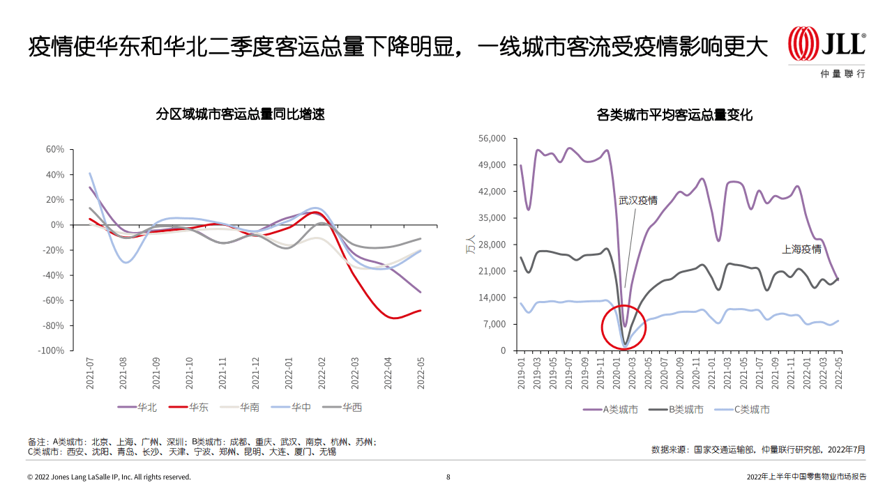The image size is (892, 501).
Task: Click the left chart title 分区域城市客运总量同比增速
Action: pos(241,114)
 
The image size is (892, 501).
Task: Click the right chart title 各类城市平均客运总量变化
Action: pos(674,114)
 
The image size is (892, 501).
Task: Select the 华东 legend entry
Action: pos(188,407)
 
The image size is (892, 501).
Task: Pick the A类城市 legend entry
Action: pos(611,409)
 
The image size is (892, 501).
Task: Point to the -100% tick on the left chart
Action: pos(51,350)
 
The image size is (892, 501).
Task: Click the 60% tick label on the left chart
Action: pos(54,149)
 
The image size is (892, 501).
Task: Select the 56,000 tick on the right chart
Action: pos(492,139)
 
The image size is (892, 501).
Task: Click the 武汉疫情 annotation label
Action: pos(637,201)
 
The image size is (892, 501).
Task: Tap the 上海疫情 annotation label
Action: pos(801,249)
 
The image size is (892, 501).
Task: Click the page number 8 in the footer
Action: pos(448,477)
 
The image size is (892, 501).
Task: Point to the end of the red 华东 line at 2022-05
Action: pos(420,311)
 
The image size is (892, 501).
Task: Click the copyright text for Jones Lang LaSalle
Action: pos(109,477)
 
